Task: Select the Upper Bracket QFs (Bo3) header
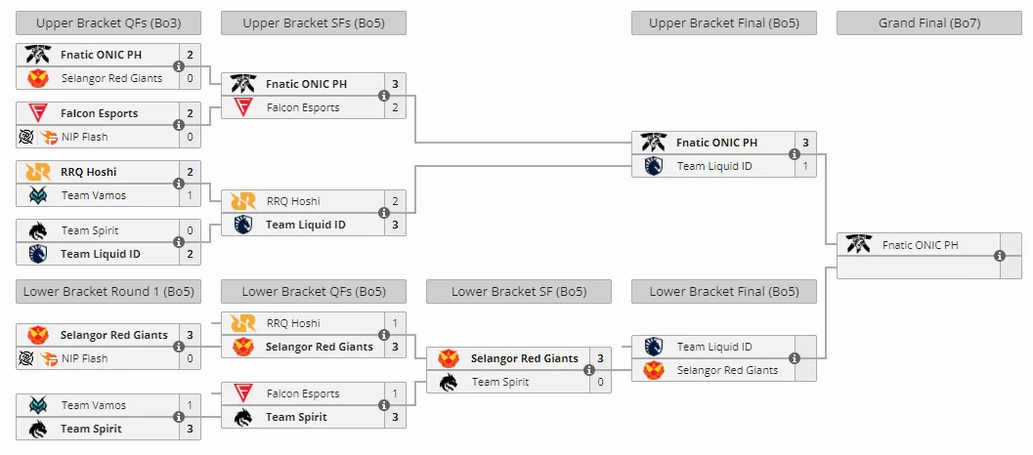click(x=108, y=23)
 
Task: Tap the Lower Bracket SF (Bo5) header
click(x=519, y=291)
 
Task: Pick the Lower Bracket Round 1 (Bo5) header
click(x=108, y=291)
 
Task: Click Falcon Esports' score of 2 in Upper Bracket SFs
click(x=395, y=107)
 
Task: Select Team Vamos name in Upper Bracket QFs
click(x=94, y=195)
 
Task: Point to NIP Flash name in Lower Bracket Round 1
click(x=82, y=358)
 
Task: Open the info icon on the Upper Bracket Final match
click(x=794, y=154)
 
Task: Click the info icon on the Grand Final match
click(x=999, y=257)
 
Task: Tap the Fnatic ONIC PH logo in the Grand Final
click(x=859, y=245)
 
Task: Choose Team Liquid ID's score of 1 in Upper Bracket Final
click(x=805, y=166)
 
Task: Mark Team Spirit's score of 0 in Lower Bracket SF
click(x=600, y=382)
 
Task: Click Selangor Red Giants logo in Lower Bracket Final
click(x=654, y=370)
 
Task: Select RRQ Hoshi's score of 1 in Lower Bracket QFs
click(x=395, y=323)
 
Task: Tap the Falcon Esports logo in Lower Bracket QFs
click(x=243, y=393)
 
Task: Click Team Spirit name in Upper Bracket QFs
click(x=90, y=230)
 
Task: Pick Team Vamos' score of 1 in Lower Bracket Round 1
click(x=190, y=405)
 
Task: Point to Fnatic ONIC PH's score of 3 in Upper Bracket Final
click(x=805, y=143)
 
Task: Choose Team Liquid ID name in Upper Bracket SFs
click(x=306, y=225)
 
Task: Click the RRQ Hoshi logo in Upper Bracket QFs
click(x=38, y=172)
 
